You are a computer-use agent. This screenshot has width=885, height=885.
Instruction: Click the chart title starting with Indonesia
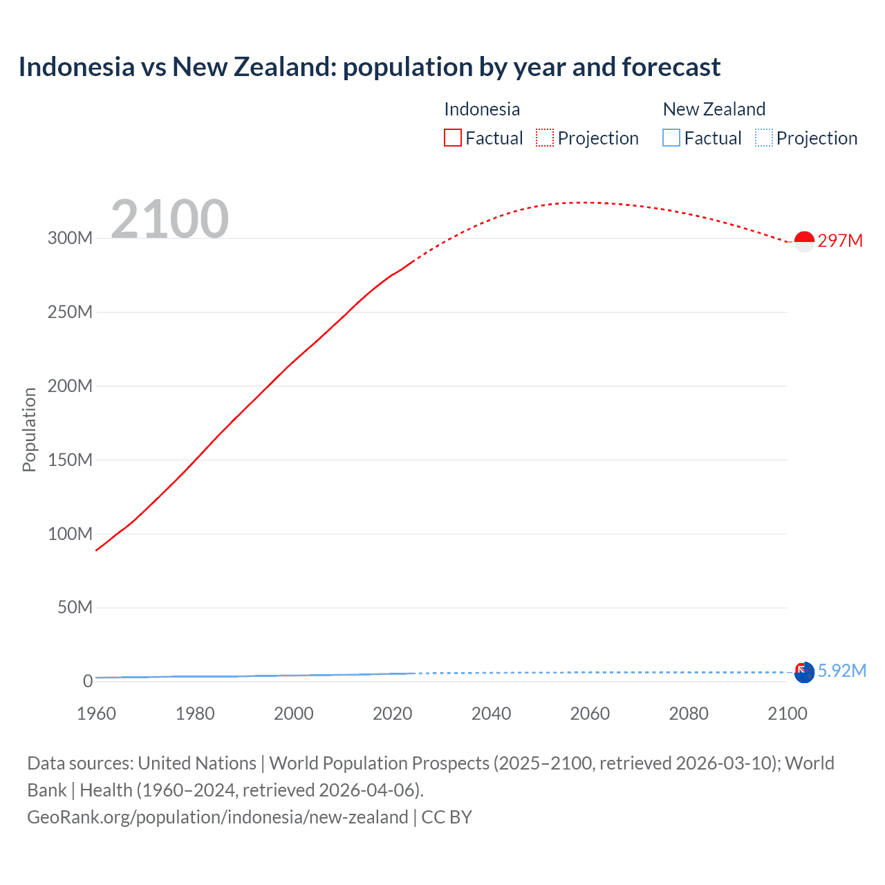[x=369, y=67]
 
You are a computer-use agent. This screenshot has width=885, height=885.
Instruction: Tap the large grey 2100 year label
[x=169, y=219]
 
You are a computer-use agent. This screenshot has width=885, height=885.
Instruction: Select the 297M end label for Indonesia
[x=840, y=241]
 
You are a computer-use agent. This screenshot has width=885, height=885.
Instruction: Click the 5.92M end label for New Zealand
[x=841, y=671]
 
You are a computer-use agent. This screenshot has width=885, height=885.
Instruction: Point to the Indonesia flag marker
[x=804, y=241]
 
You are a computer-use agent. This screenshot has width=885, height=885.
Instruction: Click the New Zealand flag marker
[x=804, y=672]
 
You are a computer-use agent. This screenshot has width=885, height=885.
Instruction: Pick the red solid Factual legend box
[x=453, y=138]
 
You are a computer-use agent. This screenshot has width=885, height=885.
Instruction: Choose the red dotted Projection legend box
[x=545, y=138]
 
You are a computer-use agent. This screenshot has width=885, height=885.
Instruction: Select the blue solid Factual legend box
[x=671, y=138]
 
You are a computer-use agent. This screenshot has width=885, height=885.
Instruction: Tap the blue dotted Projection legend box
[x=764, y=138]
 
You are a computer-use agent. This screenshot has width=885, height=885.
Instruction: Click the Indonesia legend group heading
[x=482, y=109]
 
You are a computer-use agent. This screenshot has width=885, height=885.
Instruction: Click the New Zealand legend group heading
[x=714, y=109]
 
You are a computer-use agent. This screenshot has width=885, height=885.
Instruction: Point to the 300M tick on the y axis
[x=70, y=238]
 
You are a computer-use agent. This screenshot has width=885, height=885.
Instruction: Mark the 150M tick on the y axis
[x=70, y=460]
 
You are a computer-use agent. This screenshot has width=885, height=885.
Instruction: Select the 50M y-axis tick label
[x=75, y=607]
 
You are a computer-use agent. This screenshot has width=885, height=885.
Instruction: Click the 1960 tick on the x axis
[x=96, y=714]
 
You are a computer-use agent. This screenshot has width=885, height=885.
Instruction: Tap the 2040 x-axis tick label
[x=491, y=714]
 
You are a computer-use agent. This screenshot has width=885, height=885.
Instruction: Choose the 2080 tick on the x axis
[x=689, y=714]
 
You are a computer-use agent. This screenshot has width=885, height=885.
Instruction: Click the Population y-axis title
[x=29, y=429]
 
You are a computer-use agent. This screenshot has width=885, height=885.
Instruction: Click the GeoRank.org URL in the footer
[x=218, y=817]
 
